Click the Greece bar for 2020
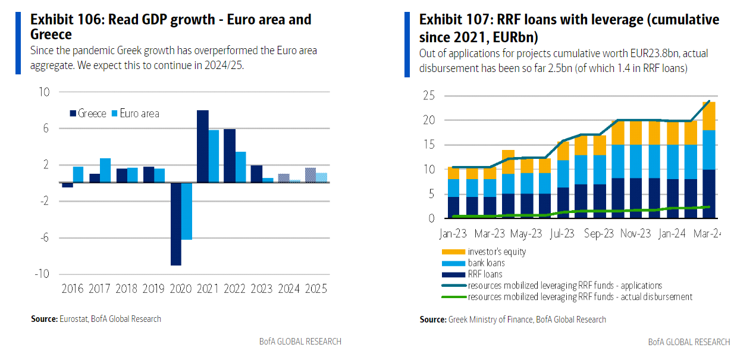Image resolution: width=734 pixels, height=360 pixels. click(176, 224)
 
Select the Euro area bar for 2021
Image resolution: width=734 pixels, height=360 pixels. click(214, 156)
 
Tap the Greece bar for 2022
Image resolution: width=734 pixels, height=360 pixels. click(230, 155)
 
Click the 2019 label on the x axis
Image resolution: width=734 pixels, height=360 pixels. click(154, 289)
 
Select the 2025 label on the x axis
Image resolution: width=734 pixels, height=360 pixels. click(316, 289)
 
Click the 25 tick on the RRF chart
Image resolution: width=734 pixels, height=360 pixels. click(429, 96)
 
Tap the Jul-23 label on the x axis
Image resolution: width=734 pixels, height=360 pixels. click(562, 234)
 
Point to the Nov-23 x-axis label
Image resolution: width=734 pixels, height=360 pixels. click(635, 234)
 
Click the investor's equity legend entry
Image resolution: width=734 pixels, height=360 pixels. click(497, 252)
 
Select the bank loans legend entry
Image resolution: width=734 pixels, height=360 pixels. click(487, 263)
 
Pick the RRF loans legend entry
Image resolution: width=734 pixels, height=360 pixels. click(485, 274)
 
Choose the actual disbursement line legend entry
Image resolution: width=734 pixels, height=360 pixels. click(580, 296)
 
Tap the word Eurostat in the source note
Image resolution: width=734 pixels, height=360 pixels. click(74, 319)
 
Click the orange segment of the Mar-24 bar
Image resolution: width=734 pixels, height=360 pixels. click(708, 115)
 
